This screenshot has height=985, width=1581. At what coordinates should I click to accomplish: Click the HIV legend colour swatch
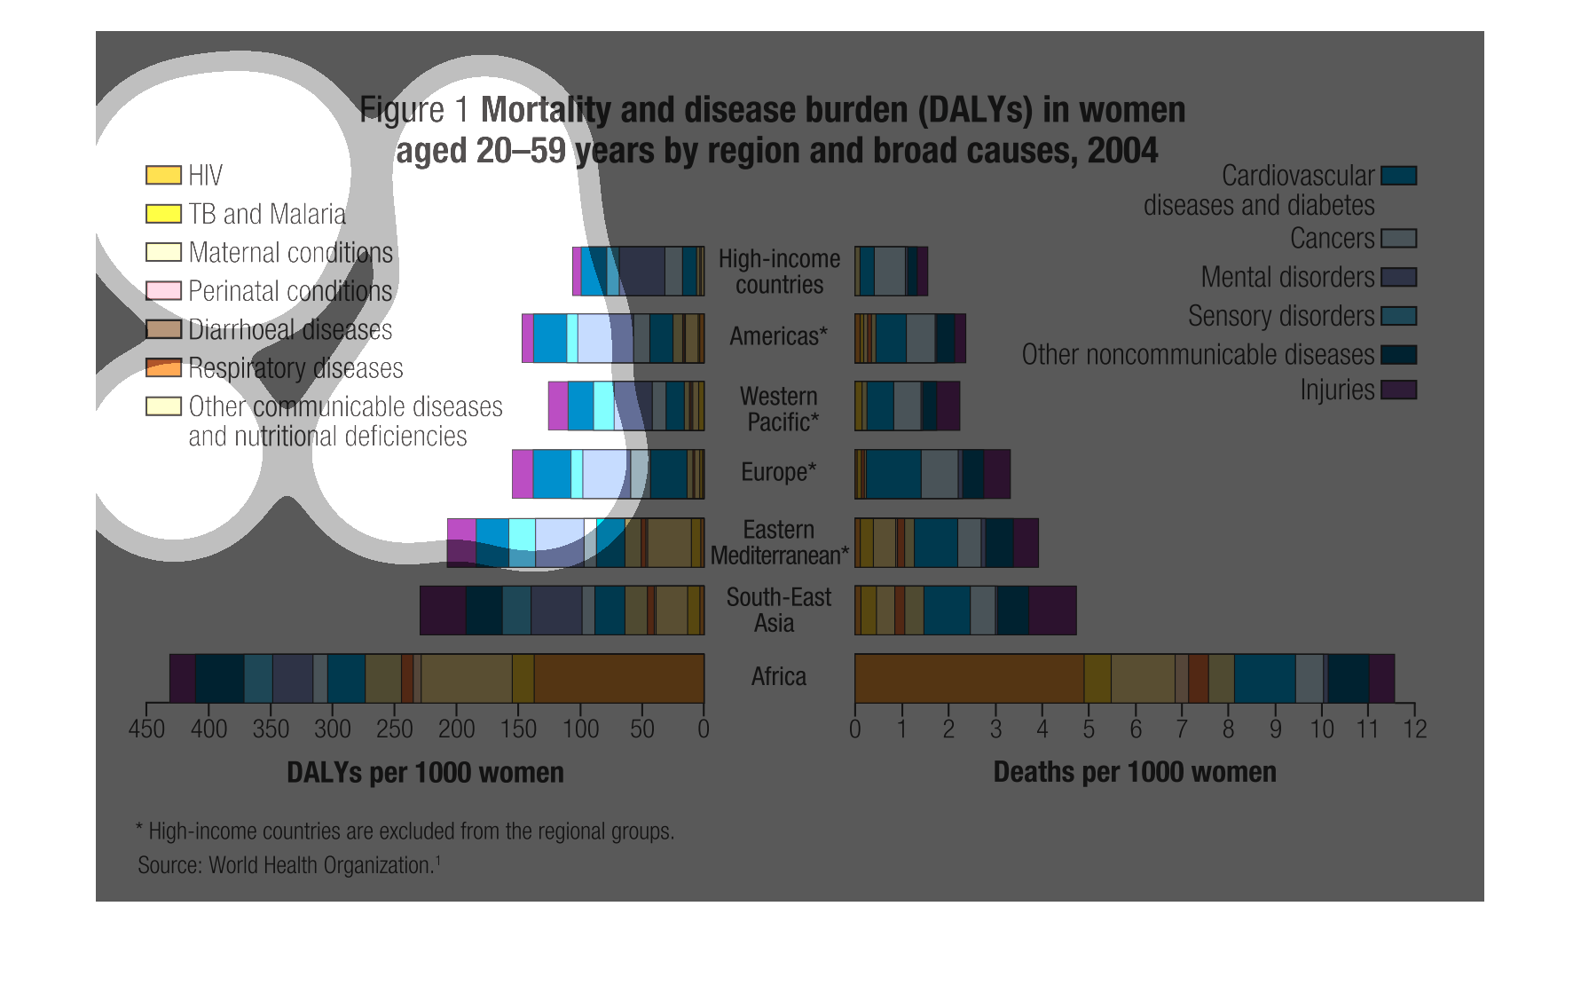(163, 175)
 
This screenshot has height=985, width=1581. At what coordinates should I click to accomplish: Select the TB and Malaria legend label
(267, 214)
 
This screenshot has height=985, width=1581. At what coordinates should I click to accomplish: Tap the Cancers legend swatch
(1398, 239)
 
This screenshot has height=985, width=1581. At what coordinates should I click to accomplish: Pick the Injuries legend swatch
(1398, 390)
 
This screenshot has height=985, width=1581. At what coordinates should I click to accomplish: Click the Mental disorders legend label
(1287, 277)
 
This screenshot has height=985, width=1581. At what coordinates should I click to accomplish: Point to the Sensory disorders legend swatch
(1398, 316)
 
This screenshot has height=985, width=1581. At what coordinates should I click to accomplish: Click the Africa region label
(778, 677)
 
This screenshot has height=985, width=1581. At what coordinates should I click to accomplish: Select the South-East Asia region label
(778, 610)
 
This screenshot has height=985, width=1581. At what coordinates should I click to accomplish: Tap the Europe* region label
(778, 472)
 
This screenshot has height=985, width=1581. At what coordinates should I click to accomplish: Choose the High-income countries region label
(778, 272)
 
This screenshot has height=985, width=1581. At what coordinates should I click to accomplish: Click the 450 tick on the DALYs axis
(146, 729)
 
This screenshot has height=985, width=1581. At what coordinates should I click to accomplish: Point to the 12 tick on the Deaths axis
(1414, 729)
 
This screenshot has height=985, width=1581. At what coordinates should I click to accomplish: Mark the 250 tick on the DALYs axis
(394, 729)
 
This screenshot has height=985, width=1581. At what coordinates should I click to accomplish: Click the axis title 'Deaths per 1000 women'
(1134, 772)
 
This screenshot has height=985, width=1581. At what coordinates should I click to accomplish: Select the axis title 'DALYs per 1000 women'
(425, 772)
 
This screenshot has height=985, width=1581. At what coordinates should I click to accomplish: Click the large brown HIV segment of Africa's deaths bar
(969, 679)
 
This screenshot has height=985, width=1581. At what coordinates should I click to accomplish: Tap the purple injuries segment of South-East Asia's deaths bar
(1052, 611)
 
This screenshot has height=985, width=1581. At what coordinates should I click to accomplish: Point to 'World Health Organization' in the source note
(320, 865)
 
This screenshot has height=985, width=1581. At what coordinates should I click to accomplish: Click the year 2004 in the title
(1122, 151)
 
